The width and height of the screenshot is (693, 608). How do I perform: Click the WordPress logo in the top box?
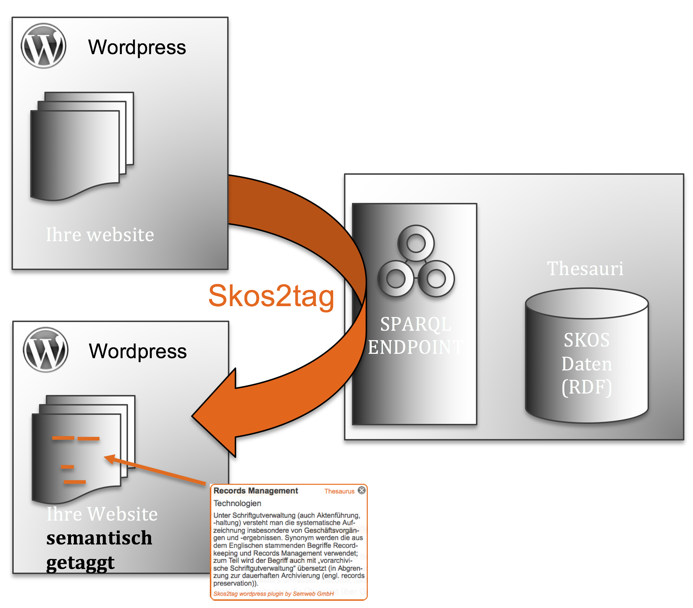(44, 46)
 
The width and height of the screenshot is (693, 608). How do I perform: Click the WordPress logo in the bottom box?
(45, 350)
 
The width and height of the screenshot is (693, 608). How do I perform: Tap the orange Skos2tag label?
(272, 296)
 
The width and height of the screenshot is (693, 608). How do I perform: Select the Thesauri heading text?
(585, 268)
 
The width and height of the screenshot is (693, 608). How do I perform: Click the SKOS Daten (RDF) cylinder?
(587, 355)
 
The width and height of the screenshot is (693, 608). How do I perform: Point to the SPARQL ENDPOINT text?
(415, 335)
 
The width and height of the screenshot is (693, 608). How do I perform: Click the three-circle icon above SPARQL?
(416, 261)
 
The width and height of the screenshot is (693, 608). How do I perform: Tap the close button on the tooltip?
(362, 490)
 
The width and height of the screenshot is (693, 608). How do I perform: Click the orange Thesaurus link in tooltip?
(339, 491)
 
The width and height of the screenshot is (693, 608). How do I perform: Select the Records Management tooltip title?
(256, 491)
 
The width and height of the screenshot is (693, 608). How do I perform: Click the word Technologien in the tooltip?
(237, 503)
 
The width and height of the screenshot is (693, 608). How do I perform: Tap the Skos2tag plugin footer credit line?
(274, 594)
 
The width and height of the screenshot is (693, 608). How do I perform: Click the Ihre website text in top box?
(100, 235)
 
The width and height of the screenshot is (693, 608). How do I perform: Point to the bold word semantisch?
(99, 538)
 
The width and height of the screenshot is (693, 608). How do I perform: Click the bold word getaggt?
(80, 563)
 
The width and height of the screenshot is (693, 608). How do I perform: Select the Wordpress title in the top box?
(137, 47)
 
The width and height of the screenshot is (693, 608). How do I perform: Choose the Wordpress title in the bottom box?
(138, 351)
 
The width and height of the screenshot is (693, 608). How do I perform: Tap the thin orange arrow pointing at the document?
(155, 469)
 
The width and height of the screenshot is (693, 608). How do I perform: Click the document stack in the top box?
(82, 146)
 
